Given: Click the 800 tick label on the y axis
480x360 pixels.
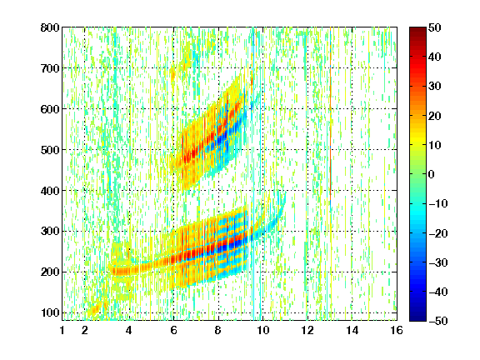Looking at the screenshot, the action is coord(50,27).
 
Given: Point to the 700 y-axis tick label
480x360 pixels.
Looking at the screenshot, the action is coord(50,68).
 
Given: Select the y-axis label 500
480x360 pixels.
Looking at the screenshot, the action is coord(50,150).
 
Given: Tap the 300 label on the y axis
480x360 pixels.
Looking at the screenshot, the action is coord(50,232).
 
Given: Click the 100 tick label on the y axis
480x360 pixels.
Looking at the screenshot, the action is coord(50,312).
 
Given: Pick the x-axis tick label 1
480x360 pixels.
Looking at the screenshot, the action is coord(62,330).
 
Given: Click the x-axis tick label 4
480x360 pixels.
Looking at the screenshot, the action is coord(129,330).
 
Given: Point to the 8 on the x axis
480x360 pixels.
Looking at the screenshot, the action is coord(218,330).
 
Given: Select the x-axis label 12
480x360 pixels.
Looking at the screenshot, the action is coord(307,330).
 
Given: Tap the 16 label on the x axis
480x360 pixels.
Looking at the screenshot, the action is coord(397,330).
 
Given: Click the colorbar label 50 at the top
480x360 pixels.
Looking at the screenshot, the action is coord(435,27).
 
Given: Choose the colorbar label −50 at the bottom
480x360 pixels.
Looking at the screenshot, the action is coord(438,321).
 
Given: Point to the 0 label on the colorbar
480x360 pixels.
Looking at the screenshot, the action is coord(432,174).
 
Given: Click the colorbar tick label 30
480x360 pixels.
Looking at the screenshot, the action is coord(435,87).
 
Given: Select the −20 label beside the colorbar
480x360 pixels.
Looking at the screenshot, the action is coord(438,233).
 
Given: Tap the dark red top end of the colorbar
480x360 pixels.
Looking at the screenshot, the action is coord(417,30).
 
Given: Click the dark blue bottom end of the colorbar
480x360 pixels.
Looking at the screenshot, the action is coord(417,317).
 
